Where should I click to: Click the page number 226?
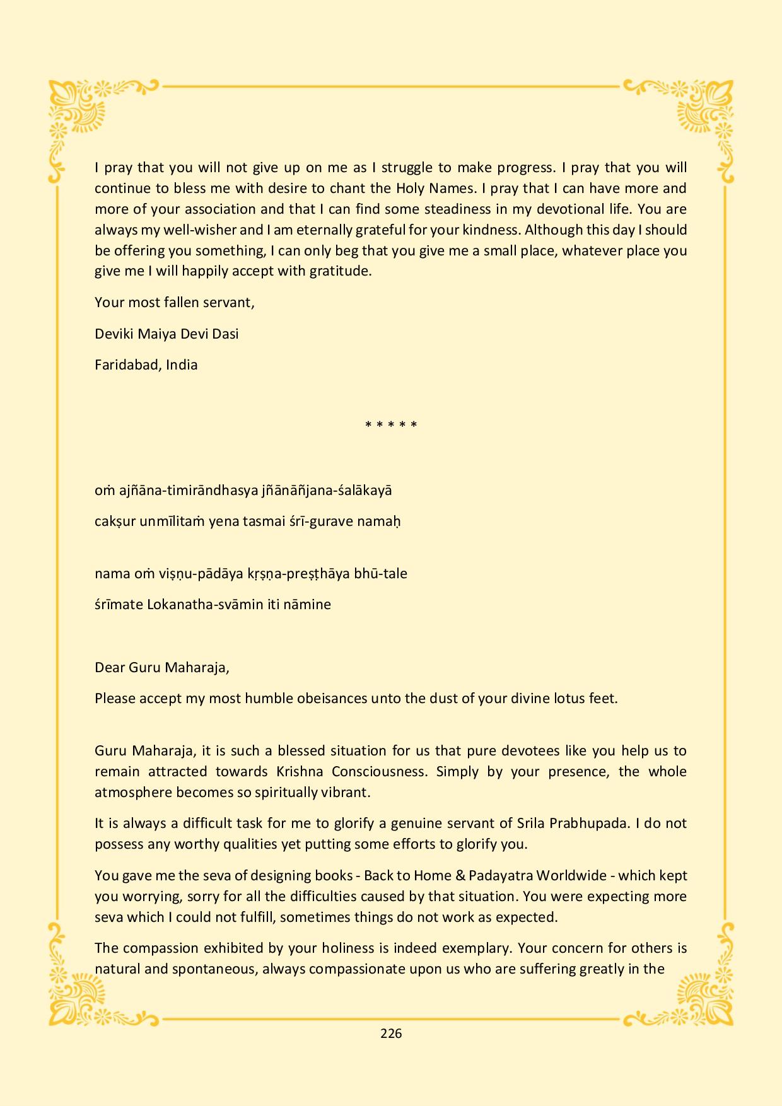click(391, 1033)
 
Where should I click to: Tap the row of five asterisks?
click(391, 425)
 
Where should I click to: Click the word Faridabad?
click(128, 364)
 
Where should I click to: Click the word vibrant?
click(347, 792)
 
